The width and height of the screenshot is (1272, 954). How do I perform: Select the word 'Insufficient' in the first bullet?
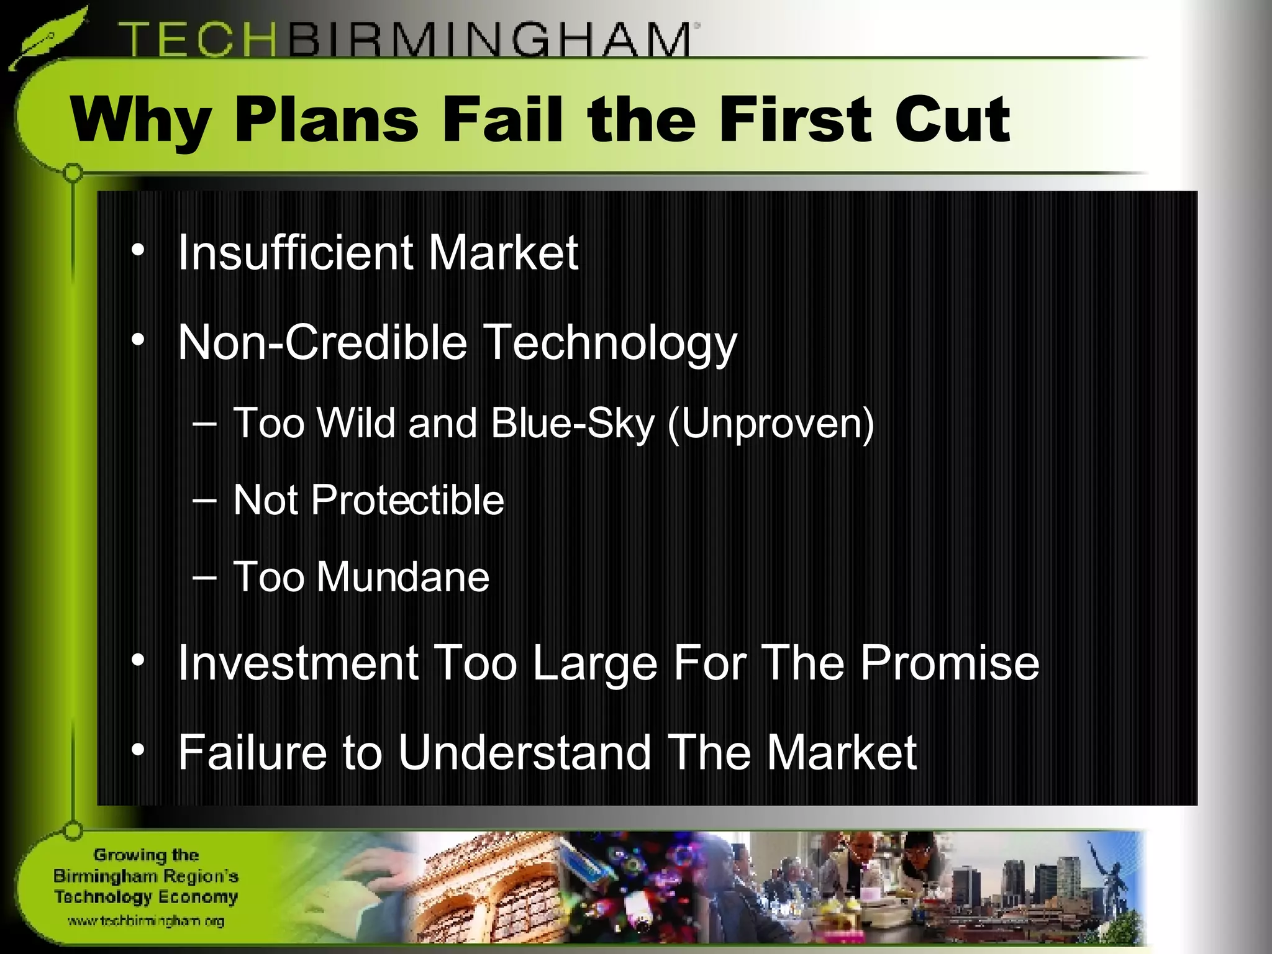[x=296, y=253]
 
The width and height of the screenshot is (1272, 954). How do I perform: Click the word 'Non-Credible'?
[x=322, y=342]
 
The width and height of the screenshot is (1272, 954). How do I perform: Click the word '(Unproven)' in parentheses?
[x=770, y=424]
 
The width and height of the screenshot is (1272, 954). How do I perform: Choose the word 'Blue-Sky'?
[x=572, y=424]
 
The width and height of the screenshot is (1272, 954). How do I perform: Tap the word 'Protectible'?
[x=407, y=500]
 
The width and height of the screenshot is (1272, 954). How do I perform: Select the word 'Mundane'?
[x=403, y=577]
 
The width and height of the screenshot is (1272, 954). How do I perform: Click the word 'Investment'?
[x=298, y=663]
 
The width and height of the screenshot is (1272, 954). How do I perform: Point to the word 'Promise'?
[x=950, y=663]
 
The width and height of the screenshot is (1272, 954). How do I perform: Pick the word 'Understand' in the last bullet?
[x=525, y=752]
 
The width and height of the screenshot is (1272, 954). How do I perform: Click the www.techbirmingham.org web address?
[x=146, y=921]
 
